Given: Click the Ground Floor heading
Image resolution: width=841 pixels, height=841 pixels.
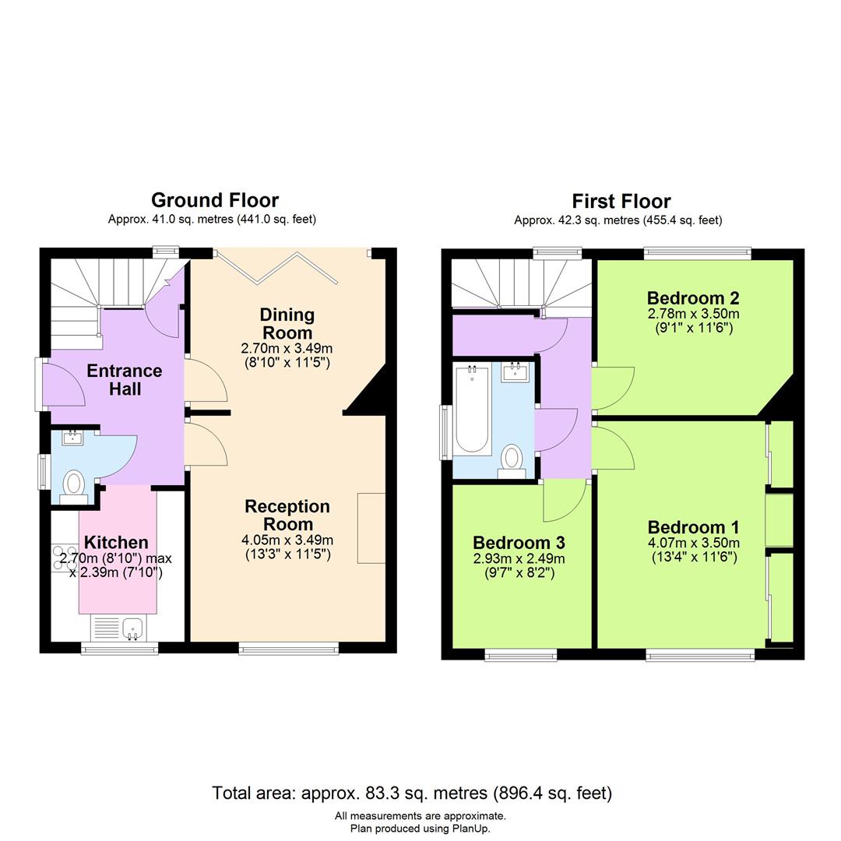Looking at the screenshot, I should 214,201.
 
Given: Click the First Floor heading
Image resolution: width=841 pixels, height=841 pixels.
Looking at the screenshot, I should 621,202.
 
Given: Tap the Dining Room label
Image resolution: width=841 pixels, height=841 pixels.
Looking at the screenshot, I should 287,323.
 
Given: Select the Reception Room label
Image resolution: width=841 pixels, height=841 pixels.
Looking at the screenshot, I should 287,515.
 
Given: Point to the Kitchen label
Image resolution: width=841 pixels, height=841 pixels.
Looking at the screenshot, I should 116,542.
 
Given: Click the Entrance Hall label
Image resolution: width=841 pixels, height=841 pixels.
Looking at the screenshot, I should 125,379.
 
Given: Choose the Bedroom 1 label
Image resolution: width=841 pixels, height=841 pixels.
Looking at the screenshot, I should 693,527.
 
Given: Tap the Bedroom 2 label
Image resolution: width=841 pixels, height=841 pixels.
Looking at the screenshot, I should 693,298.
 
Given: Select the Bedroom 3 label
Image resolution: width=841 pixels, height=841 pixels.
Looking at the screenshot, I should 519,542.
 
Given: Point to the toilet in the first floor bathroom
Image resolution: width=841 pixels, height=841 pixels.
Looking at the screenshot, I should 512,457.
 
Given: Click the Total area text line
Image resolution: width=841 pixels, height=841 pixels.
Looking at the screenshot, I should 412,793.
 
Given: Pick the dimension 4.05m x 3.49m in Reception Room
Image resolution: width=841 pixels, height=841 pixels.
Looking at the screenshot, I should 287,540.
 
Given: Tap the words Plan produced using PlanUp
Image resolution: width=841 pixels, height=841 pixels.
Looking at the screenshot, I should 420,829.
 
